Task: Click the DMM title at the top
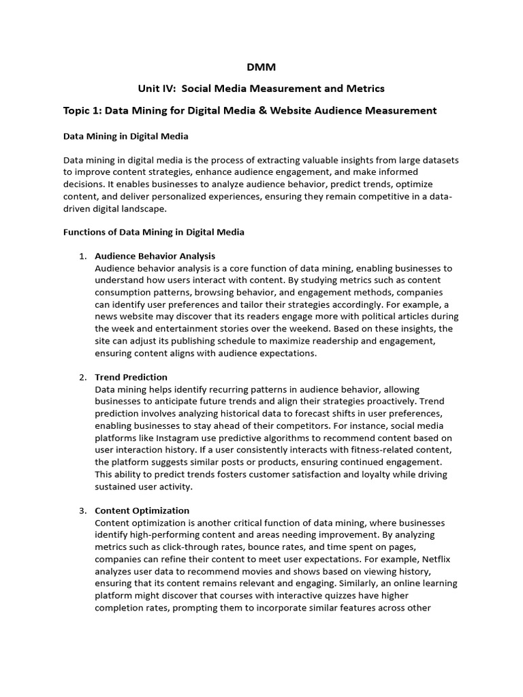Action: click(261, 67)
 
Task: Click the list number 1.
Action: click(82, 256)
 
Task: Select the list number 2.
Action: click(82, 377)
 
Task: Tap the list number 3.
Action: click(82, 510)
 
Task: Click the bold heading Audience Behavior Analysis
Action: click(155, 256)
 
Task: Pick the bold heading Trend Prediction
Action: click(131, 377)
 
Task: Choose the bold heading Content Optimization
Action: click(142, 510)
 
